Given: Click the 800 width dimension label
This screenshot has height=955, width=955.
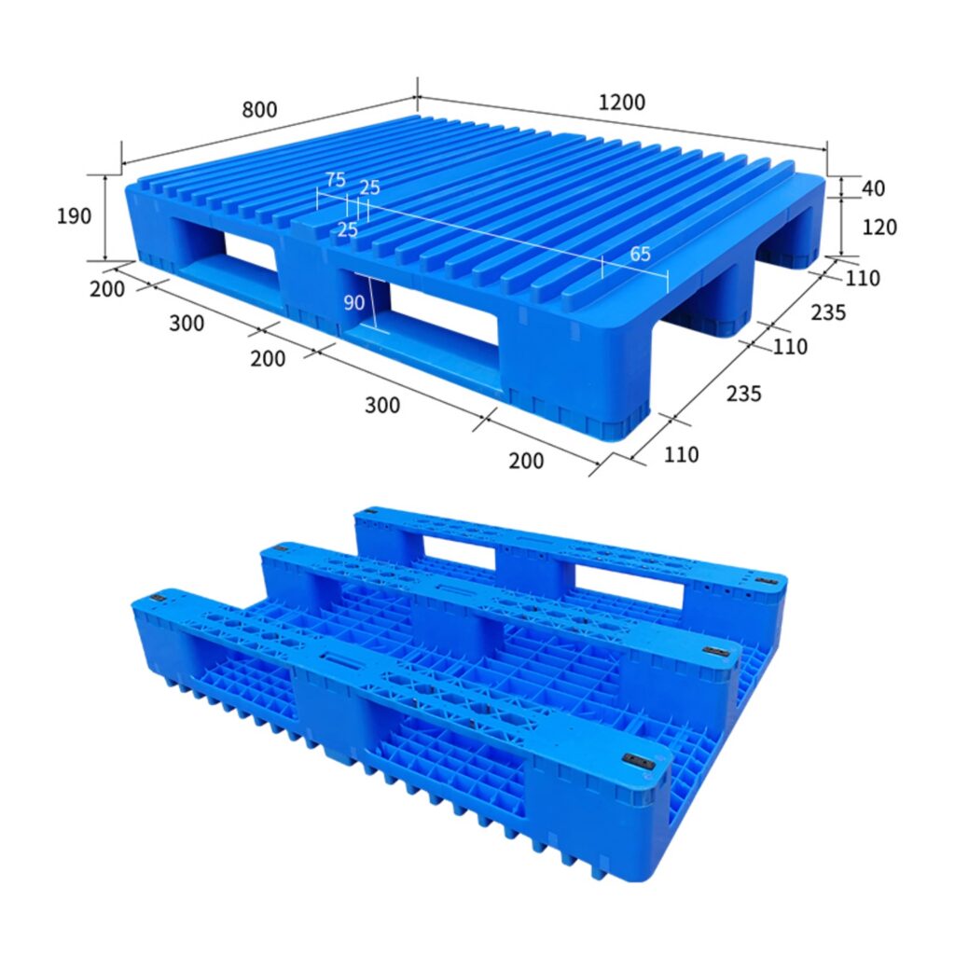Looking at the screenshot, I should [x=259, y=109].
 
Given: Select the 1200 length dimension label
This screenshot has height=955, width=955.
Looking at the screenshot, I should [x=621, y=103].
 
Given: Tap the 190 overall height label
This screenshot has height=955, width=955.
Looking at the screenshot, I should [x=75, y=216].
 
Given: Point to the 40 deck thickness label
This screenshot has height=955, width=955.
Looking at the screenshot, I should [x=873, y=188].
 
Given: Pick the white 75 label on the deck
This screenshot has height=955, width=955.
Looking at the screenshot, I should [x=335, y=180].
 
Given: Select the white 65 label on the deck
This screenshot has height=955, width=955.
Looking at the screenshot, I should [x=640, y=254].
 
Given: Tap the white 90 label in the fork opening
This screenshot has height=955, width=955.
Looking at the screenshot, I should [x=353, y=303].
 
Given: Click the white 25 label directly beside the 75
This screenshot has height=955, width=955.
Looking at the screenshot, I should [x=370, y=187].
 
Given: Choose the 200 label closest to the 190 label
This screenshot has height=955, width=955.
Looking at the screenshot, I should [x=107, y=289].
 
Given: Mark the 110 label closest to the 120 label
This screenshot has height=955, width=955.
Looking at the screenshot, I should [x=863, y=278].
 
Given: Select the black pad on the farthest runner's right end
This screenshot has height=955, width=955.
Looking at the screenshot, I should [x=767, y=582].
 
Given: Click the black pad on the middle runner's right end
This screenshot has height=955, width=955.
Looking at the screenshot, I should [x=716, y=652].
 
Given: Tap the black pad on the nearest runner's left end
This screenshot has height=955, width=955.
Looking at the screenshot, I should [x=155, y=598].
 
